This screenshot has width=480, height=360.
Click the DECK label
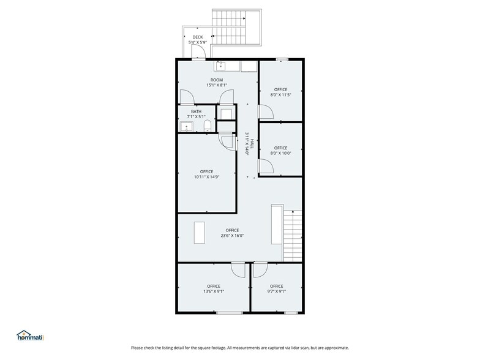pyautogui.click(x=197, y=37)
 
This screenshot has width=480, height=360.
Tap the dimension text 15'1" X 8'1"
pyautogui.click(x=217, y=85)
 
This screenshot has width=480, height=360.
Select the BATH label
pyautogui.click(x=196, y=111)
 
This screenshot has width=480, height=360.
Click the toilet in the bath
pyautogui.click(x=208, y=127)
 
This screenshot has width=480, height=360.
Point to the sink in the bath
pyautogui.click(x=187, y=127)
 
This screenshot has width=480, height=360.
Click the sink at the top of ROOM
pyautogui.click(x=221, y=66)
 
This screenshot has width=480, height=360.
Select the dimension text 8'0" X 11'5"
pyautogui.click(x=280, y=95)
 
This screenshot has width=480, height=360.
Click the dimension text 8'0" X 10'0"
pyautogui.click(x=280, y=153)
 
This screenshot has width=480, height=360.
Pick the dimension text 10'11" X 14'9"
pyautogui.click(x=206, y=177)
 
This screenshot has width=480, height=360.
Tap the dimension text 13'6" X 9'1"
pyautogui.click(x=213, y=291)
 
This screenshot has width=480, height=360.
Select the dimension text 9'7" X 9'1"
pyautogui.click(x=276, y=291)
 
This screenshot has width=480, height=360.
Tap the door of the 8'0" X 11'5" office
pyautogui.click(x=265, y=111)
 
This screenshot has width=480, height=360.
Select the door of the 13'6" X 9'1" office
pyautogui.click(x=238, y=270)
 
